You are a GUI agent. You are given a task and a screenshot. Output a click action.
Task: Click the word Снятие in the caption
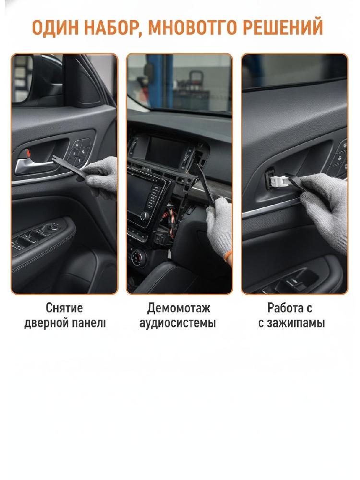(64, 308)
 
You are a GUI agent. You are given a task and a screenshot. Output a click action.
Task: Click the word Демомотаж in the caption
(179, 308)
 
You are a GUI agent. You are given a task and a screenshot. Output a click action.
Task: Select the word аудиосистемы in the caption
(178, 323)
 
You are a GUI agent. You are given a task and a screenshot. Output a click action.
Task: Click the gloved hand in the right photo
(325, 208)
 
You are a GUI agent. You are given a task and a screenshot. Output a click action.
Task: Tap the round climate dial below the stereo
(136, 257)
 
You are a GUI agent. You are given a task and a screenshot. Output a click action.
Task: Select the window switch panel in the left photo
(40, 235)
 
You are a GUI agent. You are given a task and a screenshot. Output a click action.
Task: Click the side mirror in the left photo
(22, 78)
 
